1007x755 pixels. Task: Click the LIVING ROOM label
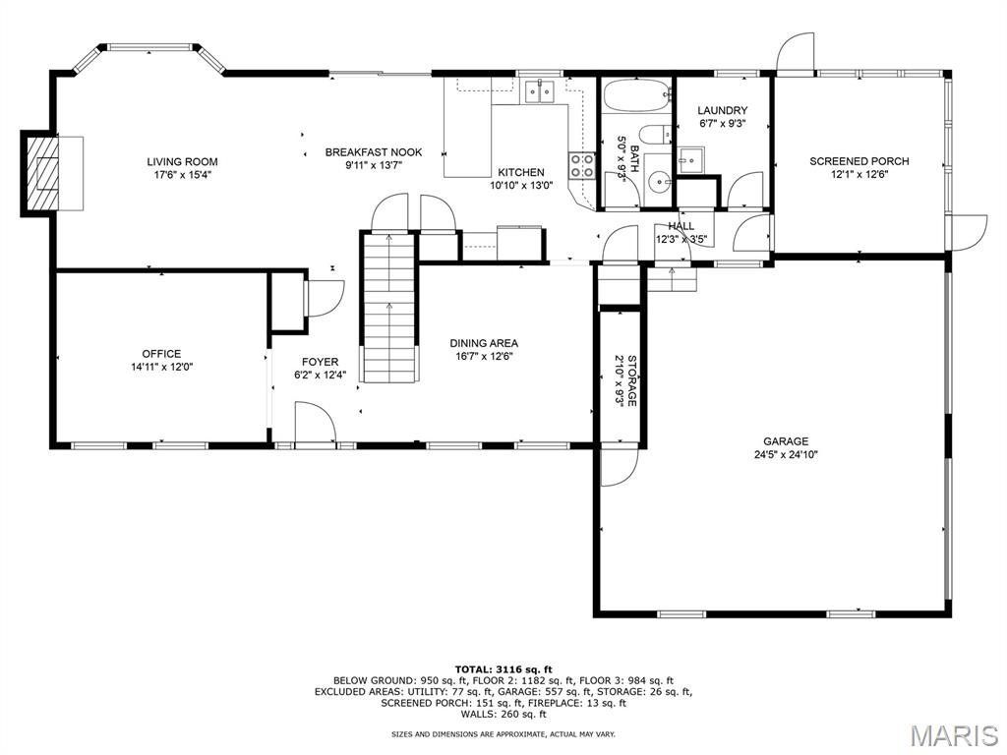coord(182,162)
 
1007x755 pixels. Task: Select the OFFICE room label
coord(161,354)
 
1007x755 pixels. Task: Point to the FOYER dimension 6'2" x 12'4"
coord(320,375)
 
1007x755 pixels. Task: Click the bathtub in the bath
coord(637,95)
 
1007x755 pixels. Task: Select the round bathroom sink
coord(658,182)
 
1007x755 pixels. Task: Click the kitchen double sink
coord(539,91)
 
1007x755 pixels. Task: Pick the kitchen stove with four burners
coord(581,165)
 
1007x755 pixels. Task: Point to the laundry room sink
coord(691,160)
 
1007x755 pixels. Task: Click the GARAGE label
coord(786,441)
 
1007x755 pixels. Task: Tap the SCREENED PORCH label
coord(859,162)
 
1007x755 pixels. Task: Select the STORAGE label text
coord(632,380)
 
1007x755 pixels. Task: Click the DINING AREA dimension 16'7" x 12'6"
coord(484,356)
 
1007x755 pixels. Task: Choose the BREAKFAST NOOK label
coord(374,152)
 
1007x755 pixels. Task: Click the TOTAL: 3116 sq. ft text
coord(503,669)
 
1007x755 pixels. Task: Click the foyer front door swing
coord(315,422)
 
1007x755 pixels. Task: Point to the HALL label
coord(681,226)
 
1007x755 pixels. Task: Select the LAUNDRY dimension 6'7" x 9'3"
coord(723,124)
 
